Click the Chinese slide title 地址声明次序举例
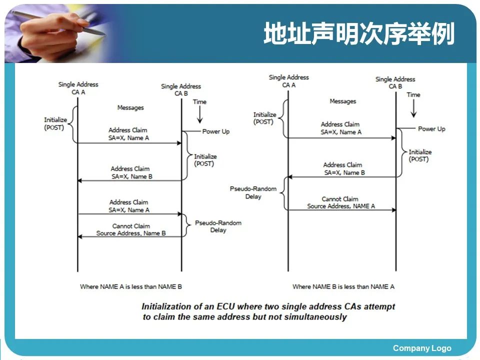click(359, 34)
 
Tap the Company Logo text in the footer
click(421, 348)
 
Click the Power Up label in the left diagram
click(215, 131)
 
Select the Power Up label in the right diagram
click(431, 129)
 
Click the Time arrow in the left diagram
click(199, 114)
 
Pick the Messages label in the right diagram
click(342, 101)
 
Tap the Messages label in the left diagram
click(130, 107)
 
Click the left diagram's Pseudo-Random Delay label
click(218, 226)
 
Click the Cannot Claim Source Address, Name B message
click(131, 229)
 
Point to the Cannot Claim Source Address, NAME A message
click(340, 202)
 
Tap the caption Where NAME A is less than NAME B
click(130, 286)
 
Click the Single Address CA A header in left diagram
click(78, 88)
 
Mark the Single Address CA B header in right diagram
click(395, 82)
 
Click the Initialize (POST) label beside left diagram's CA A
click(55, 123)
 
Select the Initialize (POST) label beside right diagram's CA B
click(419, 155)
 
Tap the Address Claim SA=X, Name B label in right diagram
click(344, 168)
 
